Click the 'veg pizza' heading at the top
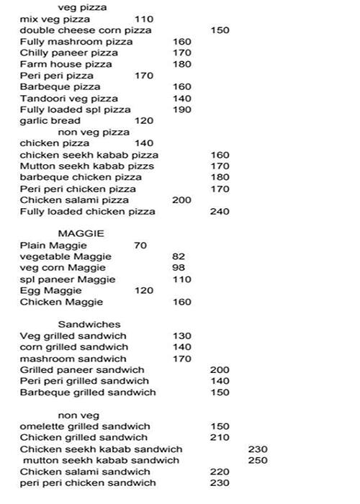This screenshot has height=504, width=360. (82, 7)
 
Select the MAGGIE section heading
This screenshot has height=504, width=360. (81, 234)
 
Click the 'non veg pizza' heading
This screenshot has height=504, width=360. (94, 132)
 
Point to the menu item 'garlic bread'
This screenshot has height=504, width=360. (50, 121)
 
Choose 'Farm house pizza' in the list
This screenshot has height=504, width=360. (66, 65)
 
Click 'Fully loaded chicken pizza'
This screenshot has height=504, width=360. (87, 212)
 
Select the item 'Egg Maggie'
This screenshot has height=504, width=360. (51, 291)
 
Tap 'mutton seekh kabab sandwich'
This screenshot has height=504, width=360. (101, 460)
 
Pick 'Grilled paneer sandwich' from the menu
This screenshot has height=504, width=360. (82, 370)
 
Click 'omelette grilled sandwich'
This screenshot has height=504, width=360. (85, 426)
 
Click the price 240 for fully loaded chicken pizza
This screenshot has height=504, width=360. (220, 212)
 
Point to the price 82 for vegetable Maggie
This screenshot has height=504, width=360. (179, 257)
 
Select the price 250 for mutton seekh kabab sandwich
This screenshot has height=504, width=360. (258, 460)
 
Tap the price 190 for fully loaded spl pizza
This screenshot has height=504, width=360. (182, 110)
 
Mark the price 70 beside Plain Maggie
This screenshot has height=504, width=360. (140, 246)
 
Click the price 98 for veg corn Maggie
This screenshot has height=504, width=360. (179, 269)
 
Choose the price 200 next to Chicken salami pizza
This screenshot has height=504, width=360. (182, 200)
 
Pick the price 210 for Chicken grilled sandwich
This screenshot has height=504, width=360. (220, 438)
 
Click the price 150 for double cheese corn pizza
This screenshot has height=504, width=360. (220, 31)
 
